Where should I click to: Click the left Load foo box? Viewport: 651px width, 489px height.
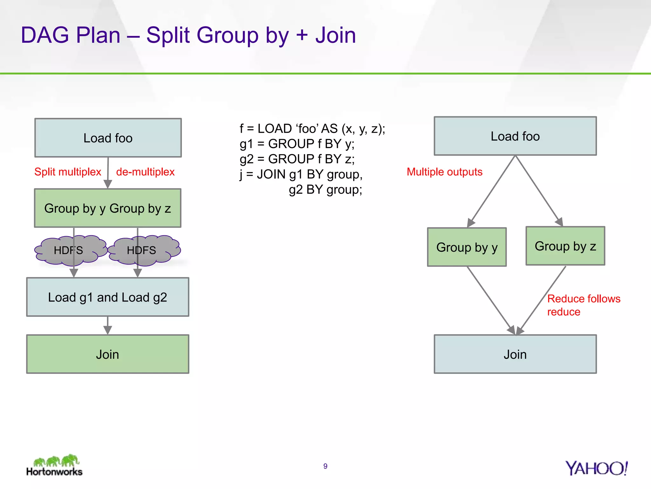pyautogui.click(x=108, y=138)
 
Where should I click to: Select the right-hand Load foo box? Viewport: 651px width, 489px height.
pyautogui.click(x=515, y=136)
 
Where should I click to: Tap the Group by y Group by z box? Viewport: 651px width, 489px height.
pyautogui.click(x=107, y=208)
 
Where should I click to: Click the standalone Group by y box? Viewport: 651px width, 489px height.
pyautogui.click(x=467, y=247)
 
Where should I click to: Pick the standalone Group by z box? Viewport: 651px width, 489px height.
pyautogui.click(x=565, y=246)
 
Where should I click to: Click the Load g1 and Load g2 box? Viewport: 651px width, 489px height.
pyautogui.click(x=107, y=297)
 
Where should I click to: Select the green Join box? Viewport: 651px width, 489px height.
pyautogui.click(x=107, y=354)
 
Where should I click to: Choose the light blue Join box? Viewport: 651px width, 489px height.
pyautogui.click(x=515, y=354)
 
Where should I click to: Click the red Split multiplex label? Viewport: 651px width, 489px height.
pyautogui.click(x=67, y=172)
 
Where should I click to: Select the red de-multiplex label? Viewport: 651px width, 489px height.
pyautogui.click(x=145, y=172)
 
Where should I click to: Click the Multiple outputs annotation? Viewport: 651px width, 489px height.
pyautogui.click(x=444, y=172)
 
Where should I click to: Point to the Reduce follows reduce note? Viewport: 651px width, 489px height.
pyautogui.click(x=583, y=305)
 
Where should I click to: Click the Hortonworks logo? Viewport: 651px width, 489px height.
pyautogui.click(x=54, y=465)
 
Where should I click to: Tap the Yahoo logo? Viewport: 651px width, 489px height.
pyautogui.click(x=596, y=468)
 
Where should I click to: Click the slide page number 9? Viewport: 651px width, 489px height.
pyautogui.click(x=325, y=466)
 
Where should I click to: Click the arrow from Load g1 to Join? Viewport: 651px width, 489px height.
pyautogui.click(x=107, y=326)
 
